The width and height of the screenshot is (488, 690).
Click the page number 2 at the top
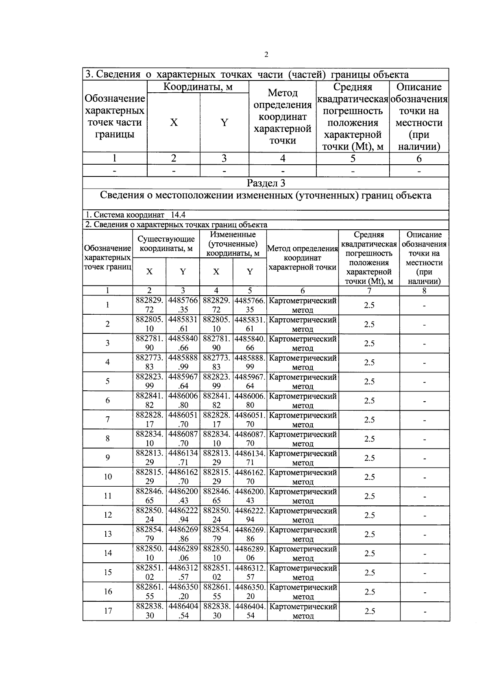pyautogui.click(x=266, y=55)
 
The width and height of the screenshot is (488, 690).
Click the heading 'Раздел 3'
pyautogui.click(x=266, y=183)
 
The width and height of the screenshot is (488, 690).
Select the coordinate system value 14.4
pyautogui.click(x=178, y=215)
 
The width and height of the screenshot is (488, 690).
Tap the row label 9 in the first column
pyautogui.click(x=108, y=458)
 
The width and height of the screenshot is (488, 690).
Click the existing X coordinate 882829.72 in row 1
pyautogui.click(x=150, y=305)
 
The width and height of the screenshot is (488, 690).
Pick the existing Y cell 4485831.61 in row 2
pyautogui.click(x=183, y=324)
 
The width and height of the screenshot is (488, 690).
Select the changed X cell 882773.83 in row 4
pyautogui.click(x=216, y=362)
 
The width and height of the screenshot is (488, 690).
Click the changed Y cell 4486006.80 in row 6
pyautogui.click(x=250, y=401)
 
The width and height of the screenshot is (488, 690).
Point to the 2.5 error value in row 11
pyautogui.click(x=369, y=496)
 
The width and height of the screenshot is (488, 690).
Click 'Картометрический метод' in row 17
pyautogui.click(x=303, y=611)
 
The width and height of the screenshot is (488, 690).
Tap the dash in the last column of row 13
pyautogui.click(x=424, y=534)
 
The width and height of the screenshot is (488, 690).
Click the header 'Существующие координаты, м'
pyautogui.click(x=166, y=244)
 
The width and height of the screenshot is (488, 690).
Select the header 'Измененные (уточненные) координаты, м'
pyautogui.click(x=233, y=244)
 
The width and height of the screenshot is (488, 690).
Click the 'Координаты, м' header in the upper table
pyautogui.click(x=198, y=87)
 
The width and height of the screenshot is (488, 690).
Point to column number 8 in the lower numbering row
pyautogui.click(x=424, y=290)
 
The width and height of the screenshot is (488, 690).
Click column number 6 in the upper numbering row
pyautogui.click(x=419, y=159)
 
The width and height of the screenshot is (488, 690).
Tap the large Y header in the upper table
pyautogui.click(x=224, y=122)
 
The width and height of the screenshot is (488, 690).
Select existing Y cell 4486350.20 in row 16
pyautogui.click(x=183, y=592)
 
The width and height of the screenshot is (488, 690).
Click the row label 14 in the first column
pyautogui.click(x=108, y=553)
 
